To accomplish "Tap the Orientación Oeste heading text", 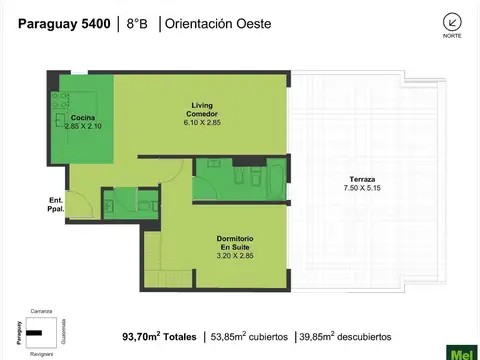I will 218,22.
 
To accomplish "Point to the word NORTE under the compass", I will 452,37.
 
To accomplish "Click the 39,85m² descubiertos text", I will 345,337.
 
